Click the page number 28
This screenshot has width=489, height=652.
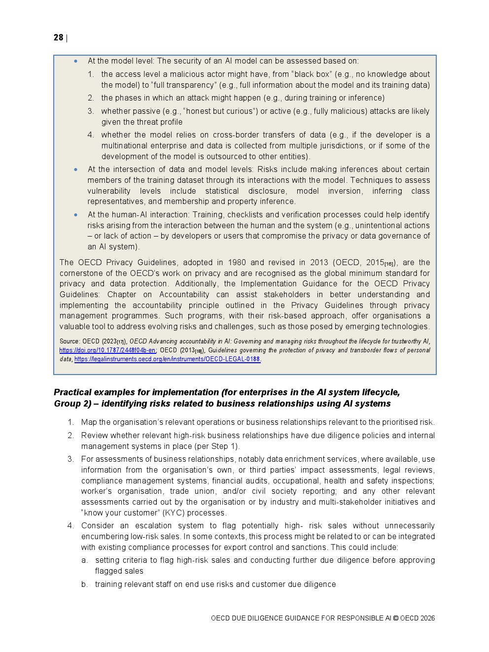pyautogui.click(x=58, y=37)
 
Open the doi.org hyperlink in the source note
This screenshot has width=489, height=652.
pyautogui.click(x=107, y=350)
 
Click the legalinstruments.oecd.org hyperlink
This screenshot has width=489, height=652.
pyautogui.click(x=167, y=359)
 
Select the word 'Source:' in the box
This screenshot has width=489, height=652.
pyautogui.click(x=70, y=342)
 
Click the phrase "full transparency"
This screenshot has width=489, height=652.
pyautogui.click(x=171, y=85)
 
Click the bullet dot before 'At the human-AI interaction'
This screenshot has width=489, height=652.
pyautogui.click(x=76, y=215)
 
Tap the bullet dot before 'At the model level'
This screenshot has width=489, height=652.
pyautogui.click(x=76, y=61)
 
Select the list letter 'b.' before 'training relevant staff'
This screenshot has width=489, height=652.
pyautogui.click(x=85, y=584)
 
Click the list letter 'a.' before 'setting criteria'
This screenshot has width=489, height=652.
pyautogui.click(x=85, y=560)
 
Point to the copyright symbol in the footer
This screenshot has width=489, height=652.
pyautogui.click(x=395, y=618)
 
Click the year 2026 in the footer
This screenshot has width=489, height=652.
pyautogui.click(x=427, y=618)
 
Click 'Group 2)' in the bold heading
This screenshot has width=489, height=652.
pyautogui.click(x=73, y=404)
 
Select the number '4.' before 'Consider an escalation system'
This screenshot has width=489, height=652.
pyautogui.click(x=70, y=526)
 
